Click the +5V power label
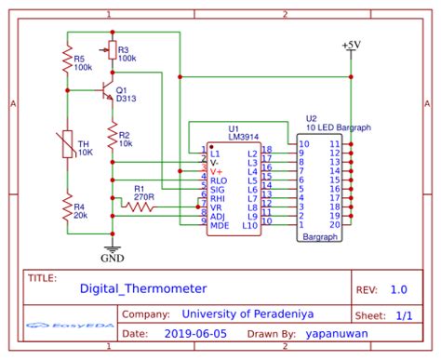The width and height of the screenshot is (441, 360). coord(353,45)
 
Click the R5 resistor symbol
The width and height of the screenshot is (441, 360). coord(67,62)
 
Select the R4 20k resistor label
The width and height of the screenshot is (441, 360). coord(82,211)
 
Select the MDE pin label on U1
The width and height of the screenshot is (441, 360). coord(220,224)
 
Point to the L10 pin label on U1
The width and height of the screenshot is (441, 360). coord(249,224)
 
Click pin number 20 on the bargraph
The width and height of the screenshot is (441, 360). coord(334,224)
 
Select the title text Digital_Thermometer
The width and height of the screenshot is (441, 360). coord(142,289)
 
